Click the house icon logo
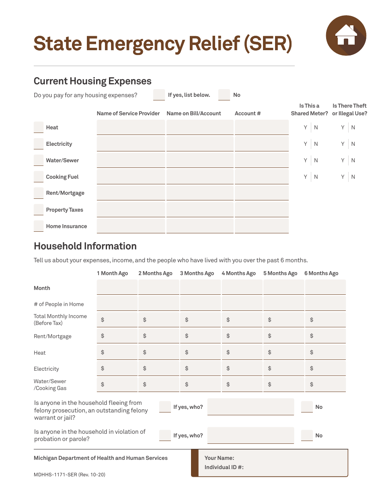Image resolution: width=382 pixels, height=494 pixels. pyautogui.click(x=346, y=35)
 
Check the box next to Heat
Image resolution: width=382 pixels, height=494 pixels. pyautogui.click(x=39, y=127)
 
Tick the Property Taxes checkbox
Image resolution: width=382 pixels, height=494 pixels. pyautogui.click(x=39, y=210)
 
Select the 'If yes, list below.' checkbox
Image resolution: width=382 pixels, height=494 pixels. pyautogui.click(x=159, y=95)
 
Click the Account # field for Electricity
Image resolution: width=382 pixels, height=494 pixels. pyautogui.click(x=261, y=144)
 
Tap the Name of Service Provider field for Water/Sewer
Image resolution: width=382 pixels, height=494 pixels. pyautogui.click(x=131, y=160)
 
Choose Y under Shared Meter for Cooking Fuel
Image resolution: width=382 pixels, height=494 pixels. pyautogui.click(x=305, y=177)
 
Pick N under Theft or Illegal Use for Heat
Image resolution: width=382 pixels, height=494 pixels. pyautogui.click(x=353, y=127)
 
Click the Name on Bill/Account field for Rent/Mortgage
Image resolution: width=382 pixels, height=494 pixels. pyautogui.click(x=200, y=193)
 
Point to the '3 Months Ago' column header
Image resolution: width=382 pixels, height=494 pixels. pyautogui.click(x=197, y=273)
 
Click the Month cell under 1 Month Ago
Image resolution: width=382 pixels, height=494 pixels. pyautogui.click(x=117, y=288)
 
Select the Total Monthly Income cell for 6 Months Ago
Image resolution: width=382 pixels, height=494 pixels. pyautogui.click(x=325, y=320)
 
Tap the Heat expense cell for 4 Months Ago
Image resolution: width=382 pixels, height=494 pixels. pyautogui.click(x=242, y=352)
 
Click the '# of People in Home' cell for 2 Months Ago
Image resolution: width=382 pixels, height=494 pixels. pyautogui.click(x=158, y=304)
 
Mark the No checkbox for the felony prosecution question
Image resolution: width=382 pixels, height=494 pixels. pyautogui.click(x=307, y=407)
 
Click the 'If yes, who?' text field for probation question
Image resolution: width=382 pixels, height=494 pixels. pyautogui.click(x=251, y=435)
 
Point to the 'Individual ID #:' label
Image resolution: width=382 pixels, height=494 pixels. pyautogui.click(x=224, y=467)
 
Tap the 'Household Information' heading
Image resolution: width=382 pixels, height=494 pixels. pyautogui.click(x=85, y=246)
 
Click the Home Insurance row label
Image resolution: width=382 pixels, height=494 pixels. pyautogui.click(x=66, y=226)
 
